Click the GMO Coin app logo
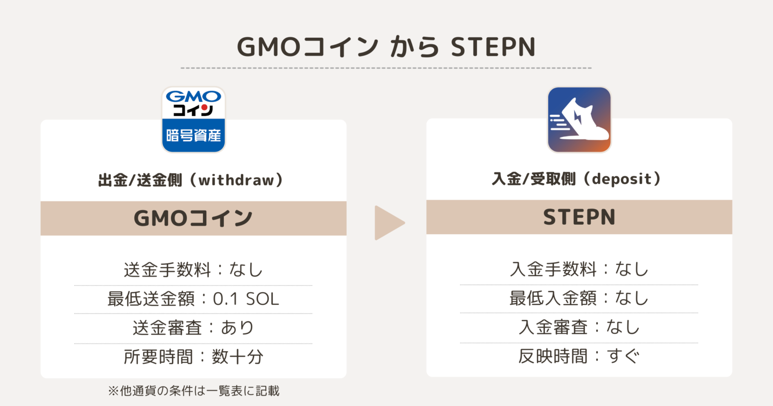pyautogui.click(x=193, y=119)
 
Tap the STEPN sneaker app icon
pyautogui.click(x=579, y=119)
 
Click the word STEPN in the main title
pyautogui.click(x=493, y=47)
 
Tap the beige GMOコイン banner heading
pyautogui.click(x=193, y=218)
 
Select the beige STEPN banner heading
pyautogui.click(x=579, y=217)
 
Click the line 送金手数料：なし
pyautogui.click(x=193, y=269)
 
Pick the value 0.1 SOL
pyautogui.click(x=246, y=299)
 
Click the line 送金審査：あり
pyautogui.click(x=193, y=328)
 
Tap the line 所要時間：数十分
pyautogui.click(x=193, y=357)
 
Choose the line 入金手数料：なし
pyautogui.click(x=579, y=269)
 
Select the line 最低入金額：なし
pyautogui.click(x=579, y=298)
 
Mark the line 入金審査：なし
pyautogui.click(x=579, y=327)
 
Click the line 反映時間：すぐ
pyautogui.click(x=579, y=357)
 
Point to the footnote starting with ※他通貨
pyautogui.click(x=193, y=391)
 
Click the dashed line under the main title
pyautogui.click(x=386, y=67)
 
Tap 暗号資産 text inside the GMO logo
pyautogui.click(x=193, y=135)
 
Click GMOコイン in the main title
pyautogui.click(x=307, y=47)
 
